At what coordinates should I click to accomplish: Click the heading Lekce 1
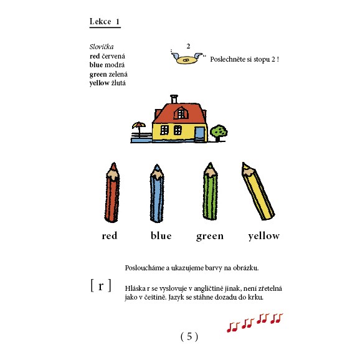tap(105, 22)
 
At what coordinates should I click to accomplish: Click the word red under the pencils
tap(110, 236)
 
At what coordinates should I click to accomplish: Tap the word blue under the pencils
tap(161, 236)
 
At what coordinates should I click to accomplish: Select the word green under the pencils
tap(210, 236)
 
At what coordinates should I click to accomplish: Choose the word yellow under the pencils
tap(263, 236)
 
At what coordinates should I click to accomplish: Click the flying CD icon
tap(184, 59)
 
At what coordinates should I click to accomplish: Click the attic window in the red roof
tap(181, 113)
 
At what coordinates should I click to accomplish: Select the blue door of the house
tap(199, 133)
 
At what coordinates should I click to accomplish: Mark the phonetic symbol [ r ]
tap(101, 285)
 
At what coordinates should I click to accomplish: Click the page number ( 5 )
tap(189, 336)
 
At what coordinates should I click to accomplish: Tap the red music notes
tap(255, 321)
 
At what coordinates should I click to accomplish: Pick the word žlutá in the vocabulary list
tap(116, 83)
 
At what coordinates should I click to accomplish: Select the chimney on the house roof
tap(174, 98)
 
